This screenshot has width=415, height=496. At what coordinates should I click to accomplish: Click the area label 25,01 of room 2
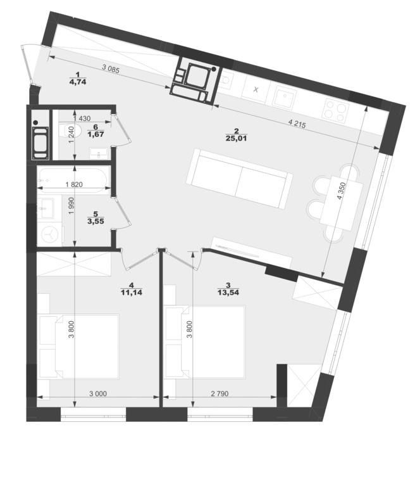click(236, 138)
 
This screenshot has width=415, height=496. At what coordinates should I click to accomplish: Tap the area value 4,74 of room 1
click(78, 82)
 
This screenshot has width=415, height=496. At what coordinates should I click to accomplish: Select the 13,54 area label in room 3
click(228, 293)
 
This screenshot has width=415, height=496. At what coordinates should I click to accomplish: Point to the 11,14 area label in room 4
click(132, 293)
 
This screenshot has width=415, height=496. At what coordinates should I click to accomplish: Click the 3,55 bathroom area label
click(96, 222)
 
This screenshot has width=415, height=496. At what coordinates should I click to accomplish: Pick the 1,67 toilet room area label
click(96, 134)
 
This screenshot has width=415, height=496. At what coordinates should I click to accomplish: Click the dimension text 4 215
click(297, 124)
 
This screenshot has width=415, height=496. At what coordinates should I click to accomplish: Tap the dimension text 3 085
click(111, 69)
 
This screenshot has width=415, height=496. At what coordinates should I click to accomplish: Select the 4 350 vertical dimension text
click(342, 191)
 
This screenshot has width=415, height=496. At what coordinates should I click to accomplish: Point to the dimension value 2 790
click(220, 394)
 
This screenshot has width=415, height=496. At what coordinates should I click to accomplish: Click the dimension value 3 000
click(98, 394)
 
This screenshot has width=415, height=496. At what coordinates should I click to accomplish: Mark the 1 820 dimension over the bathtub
click(74, 184)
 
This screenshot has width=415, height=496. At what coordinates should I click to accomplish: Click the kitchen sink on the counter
click(285, 96)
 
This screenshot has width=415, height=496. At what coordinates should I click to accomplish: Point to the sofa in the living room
click(239, 179)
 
